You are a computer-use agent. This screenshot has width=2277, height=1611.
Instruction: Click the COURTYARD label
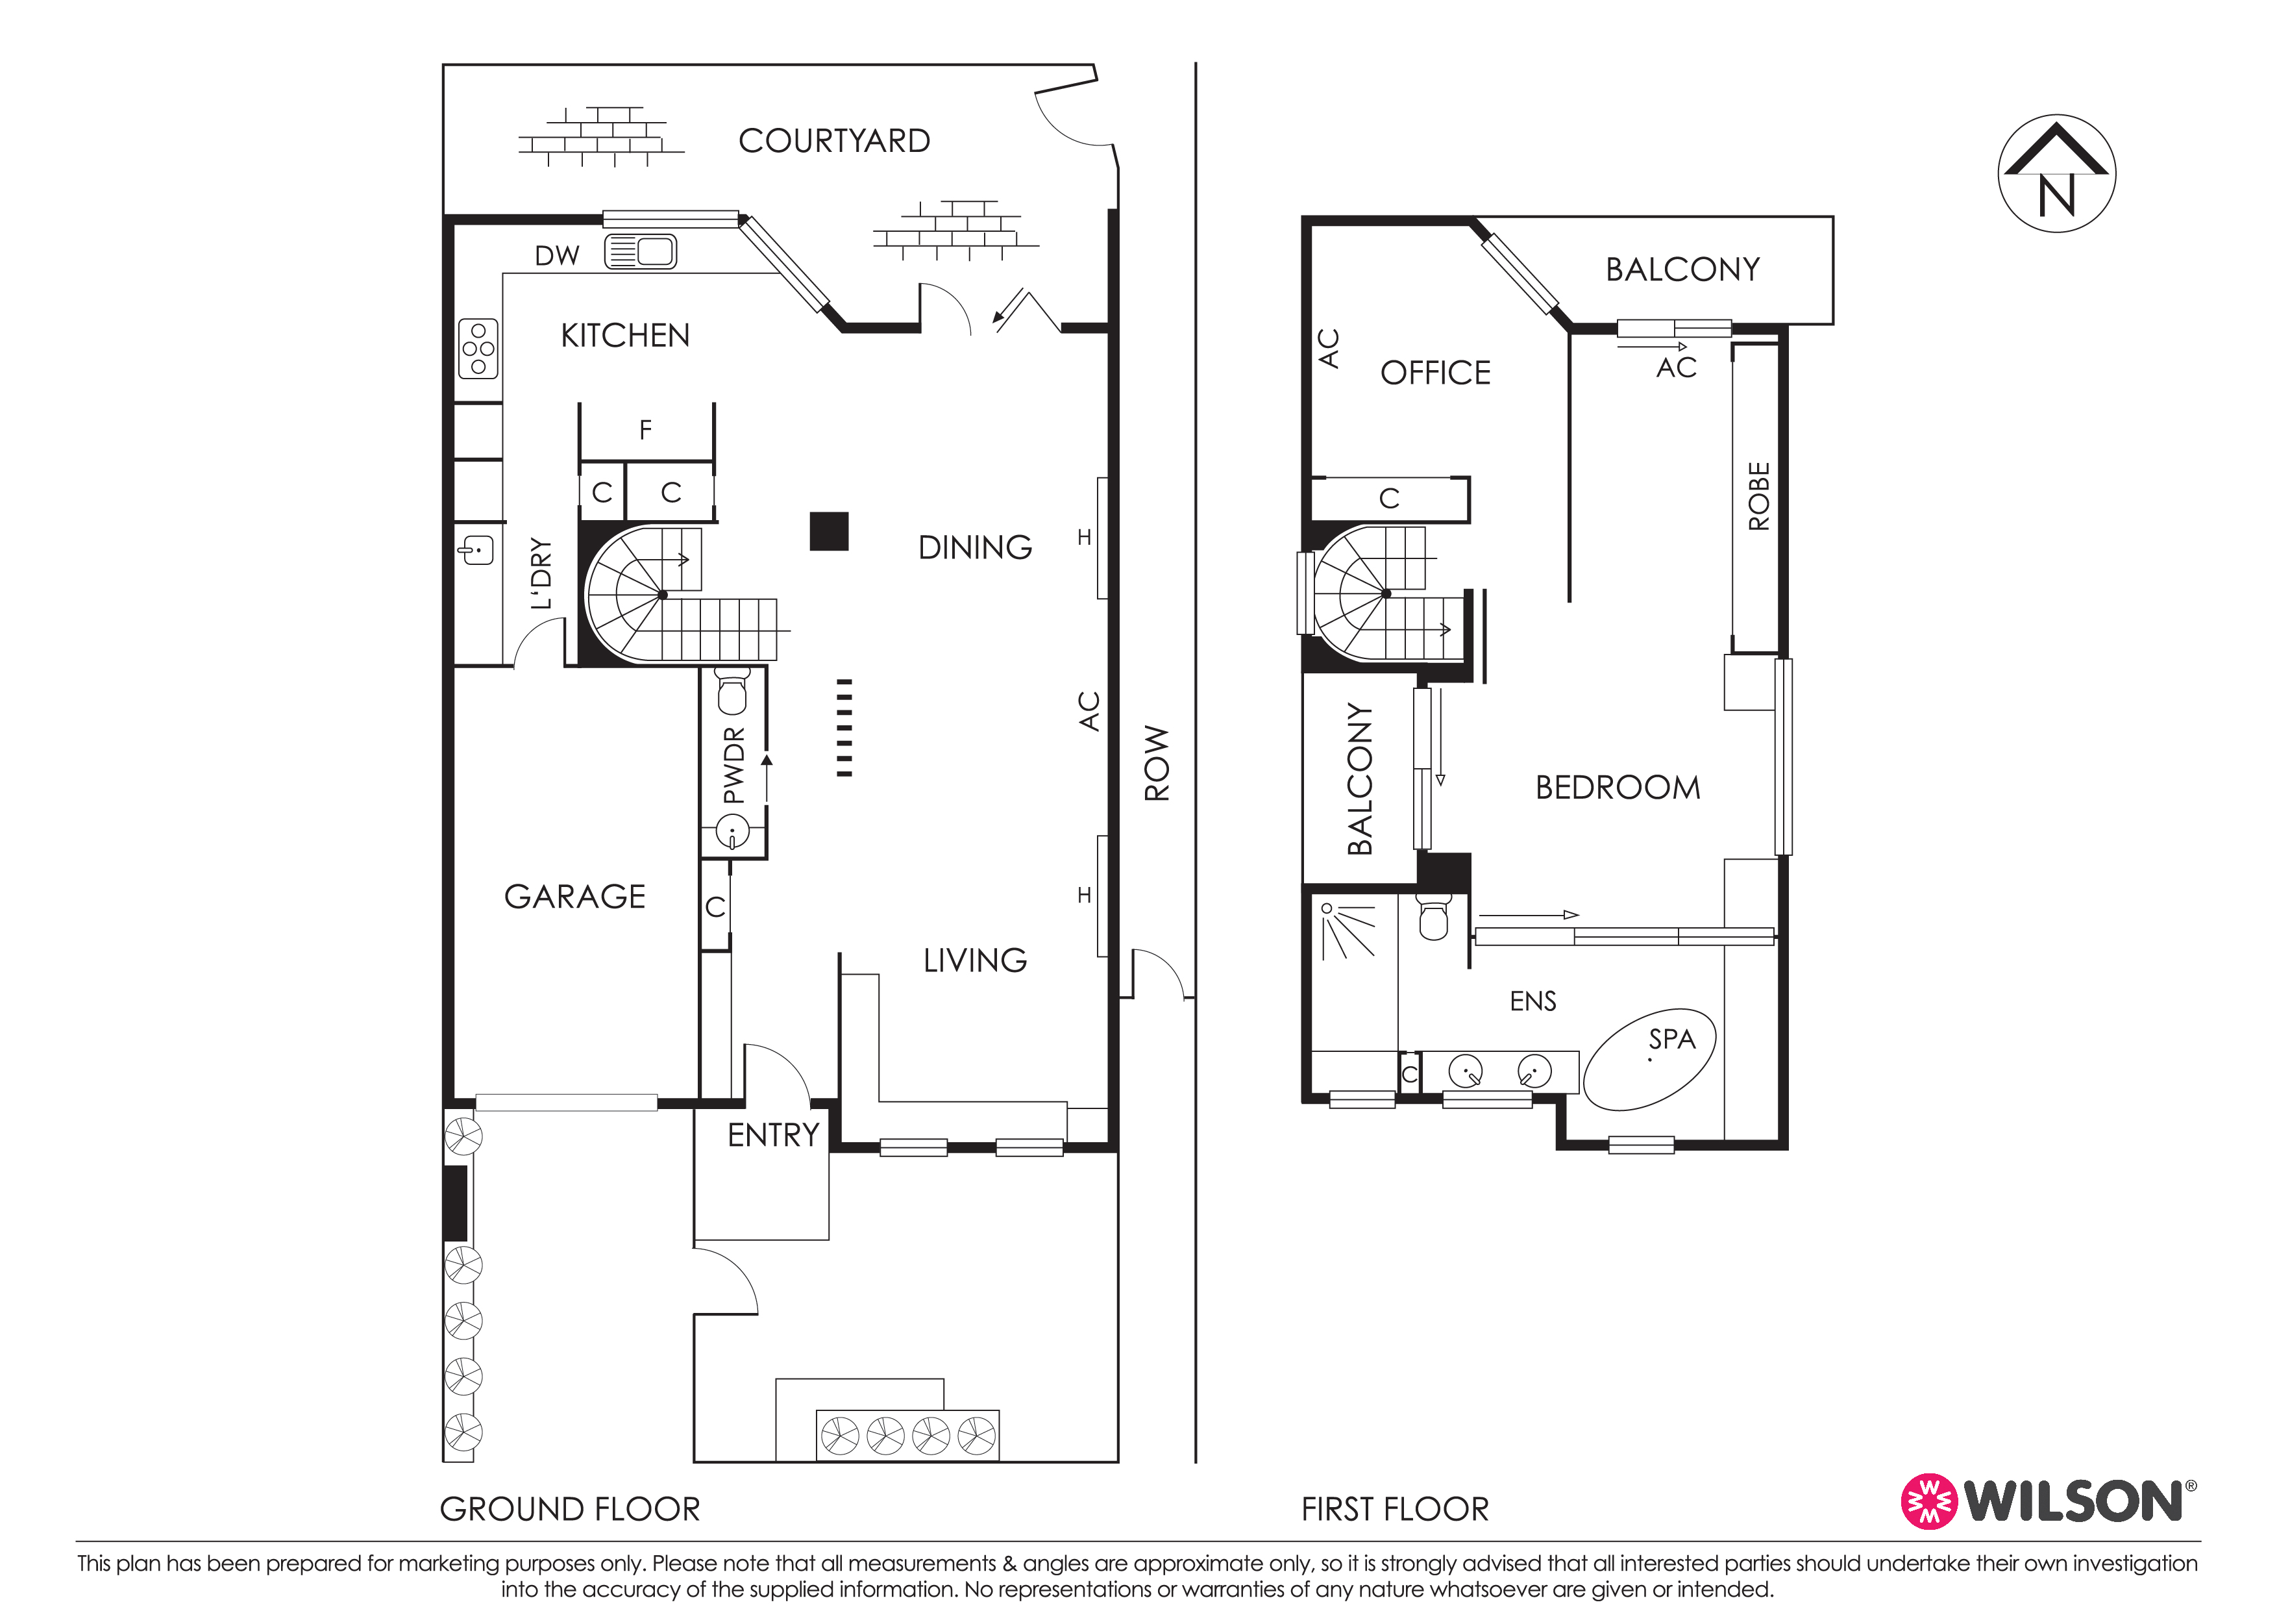834,141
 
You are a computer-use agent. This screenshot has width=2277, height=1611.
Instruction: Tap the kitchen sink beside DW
641,252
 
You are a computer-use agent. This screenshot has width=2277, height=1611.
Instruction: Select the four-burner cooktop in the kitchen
478,348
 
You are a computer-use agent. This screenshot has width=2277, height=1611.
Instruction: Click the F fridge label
646,429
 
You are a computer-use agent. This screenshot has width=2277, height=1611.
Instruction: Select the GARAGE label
575,897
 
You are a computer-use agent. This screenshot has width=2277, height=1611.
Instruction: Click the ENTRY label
774,1135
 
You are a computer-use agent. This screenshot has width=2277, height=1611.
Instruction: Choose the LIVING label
975,960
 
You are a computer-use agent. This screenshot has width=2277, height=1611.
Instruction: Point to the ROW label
1157,763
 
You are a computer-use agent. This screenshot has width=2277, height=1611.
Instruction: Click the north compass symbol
2057,173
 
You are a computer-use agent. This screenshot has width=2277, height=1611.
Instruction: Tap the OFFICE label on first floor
1435,373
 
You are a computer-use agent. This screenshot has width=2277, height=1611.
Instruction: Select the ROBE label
1758,496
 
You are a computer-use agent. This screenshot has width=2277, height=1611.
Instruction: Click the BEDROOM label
1618,788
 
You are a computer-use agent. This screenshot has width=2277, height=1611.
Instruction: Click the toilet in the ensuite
1434,917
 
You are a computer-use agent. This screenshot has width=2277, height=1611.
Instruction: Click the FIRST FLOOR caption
1396,1509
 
